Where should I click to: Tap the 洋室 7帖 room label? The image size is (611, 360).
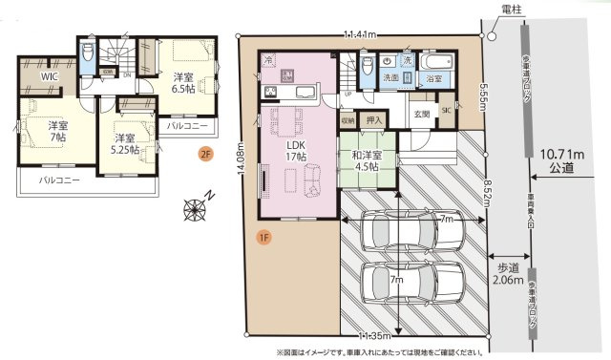point(57,133)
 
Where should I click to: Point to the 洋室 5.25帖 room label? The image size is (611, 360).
point(123,143)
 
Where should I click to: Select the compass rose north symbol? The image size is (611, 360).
point(199,207)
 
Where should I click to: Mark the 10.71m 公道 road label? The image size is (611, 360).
point(561,159)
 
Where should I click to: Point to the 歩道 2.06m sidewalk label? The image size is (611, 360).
point(508,275)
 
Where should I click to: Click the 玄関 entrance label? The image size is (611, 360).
point(421,113)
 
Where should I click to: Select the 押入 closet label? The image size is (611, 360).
point(375,120)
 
